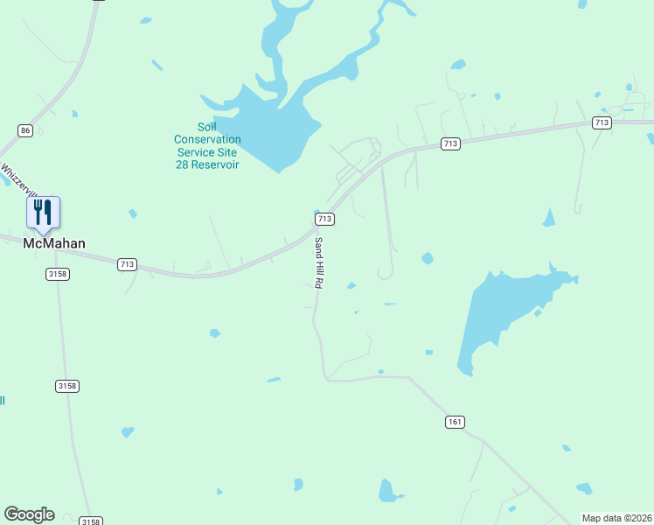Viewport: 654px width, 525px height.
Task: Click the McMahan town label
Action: tap(53, 244)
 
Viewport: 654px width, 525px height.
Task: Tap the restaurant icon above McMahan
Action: tap(43, 211)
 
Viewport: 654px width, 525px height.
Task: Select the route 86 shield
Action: tap(25, 130)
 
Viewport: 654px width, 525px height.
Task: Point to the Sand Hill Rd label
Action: tap(319, 262)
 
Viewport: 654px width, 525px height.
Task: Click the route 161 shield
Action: tap(454, 422)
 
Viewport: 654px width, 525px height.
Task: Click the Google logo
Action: tap(29, 514)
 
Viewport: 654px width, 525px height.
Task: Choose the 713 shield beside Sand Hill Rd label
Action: tap(324, 218)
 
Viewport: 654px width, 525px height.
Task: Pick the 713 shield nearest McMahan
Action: tap(128, 263)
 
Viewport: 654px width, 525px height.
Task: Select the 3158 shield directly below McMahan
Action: tap(58, 274)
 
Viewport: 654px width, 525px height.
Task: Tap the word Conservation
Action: tap(207, 139)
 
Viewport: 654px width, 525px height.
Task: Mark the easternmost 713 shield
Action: tap(601, 123)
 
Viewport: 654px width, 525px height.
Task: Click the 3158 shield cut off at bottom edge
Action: tap(90, 521)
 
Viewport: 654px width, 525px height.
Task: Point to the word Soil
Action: tap(207, 127)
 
